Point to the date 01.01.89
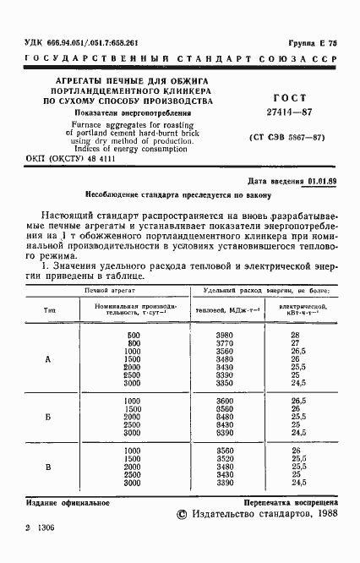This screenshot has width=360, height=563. tap(322, 181)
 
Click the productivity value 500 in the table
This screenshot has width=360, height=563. tap(132, 336)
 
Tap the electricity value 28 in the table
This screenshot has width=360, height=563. tap(296, 336)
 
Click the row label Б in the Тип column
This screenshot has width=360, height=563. tap(47, 417)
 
